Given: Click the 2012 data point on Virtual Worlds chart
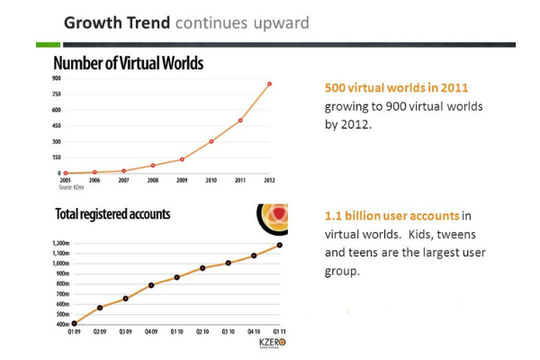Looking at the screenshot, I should click(269, 84).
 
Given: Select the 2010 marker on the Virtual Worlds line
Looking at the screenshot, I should click(211, 141).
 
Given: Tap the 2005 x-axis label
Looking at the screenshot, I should click(66, 180).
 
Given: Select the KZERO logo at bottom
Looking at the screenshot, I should click(266, 345).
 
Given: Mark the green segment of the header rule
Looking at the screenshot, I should click(49, 43).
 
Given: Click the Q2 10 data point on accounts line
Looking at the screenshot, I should click(202, 268).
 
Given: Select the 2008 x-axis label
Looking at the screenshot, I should click(153, 180).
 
